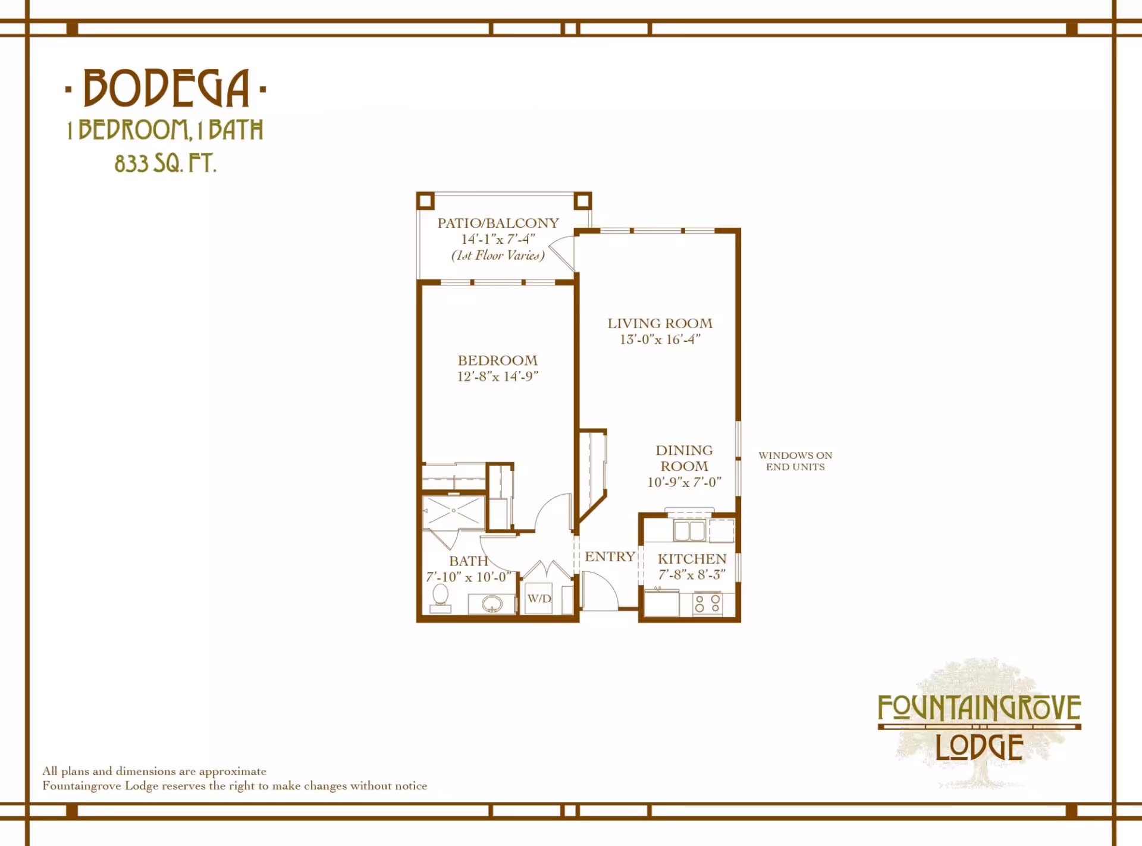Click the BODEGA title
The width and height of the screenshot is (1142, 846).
(x=166, y=88)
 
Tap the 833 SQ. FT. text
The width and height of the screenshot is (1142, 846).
(x=165, y=163)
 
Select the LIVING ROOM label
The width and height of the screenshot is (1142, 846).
(x=660, y=323)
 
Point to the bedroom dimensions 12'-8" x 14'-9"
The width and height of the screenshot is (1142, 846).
(x=497, y=376)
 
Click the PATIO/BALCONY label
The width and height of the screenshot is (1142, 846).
(x=498, y=223)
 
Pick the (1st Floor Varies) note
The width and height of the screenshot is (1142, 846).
(x=498, y=255)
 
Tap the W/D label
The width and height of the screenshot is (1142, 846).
(x=539, y=599)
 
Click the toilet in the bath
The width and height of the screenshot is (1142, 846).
(x=440, y=597)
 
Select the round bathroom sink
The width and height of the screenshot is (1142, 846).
(x=492, y=605)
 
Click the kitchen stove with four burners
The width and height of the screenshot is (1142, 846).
(x=708, y=603)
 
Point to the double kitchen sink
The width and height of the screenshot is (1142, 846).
(x=689, y=530)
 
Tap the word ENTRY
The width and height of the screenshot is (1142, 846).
(x=610, y=556)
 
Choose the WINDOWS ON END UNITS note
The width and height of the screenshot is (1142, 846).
(x=795, y=461)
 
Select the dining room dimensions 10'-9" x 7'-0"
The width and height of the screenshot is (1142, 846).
(x=685, y=482)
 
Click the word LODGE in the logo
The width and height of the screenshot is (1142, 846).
(x=980, y=747)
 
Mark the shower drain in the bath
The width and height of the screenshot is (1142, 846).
(x=453, y=511)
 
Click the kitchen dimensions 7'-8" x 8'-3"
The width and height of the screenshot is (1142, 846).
(x=692, y=574)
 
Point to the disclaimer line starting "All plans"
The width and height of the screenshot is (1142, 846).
(x=154, y=771)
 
